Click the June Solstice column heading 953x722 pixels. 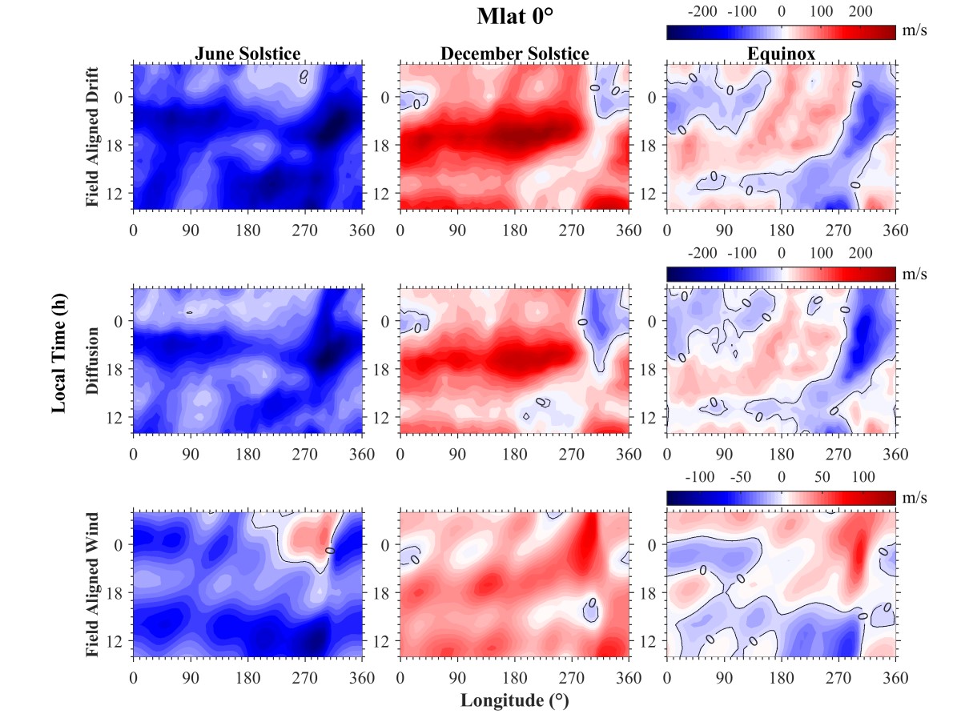(248, 54)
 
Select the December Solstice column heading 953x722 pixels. (515, 54)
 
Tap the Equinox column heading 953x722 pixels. (781, 54)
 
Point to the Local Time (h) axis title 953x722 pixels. (58, 360)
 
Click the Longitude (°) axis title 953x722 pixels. (514, 701)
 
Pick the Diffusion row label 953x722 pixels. (93, 359)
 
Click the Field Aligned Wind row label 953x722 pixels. (93, 584)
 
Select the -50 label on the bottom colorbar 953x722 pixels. (742, 477)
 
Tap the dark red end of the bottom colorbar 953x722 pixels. (891, 496)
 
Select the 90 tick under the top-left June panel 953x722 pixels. (190, 231)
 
